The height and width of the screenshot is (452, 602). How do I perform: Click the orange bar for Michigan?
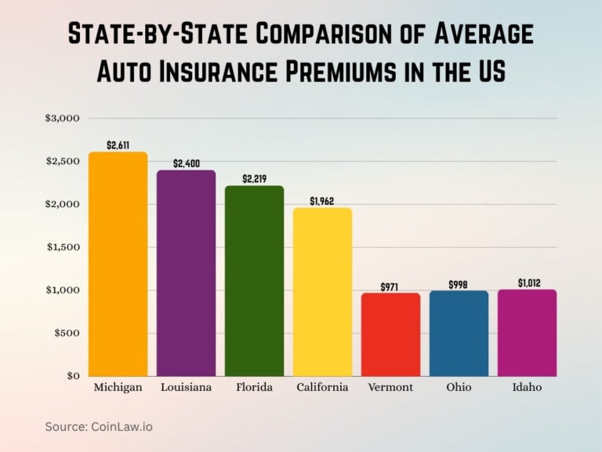click(118, 264)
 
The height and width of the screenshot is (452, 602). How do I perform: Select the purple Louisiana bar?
click(186, 273)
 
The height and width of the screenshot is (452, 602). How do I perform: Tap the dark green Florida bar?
click(254, 281)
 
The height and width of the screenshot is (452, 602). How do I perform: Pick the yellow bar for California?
click(322, 292)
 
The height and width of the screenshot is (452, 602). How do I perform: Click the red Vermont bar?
click(390, 334)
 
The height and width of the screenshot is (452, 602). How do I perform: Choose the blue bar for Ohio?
click(459, 334)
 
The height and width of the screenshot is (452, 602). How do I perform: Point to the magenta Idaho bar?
click(527, 333)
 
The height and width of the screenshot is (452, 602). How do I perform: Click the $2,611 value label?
click(118, 145)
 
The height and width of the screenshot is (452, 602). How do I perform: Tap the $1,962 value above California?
click(322, 201)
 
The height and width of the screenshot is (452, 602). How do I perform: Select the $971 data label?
click(390, 286)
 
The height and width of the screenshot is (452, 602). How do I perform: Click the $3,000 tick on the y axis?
click(63, 118)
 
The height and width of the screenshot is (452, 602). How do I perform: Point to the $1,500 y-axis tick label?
click(63, 247)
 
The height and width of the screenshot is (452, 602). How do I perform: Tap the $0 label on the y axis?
click(73, 376)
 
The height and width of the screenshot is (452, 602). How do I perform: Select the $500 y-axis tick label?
click(67, 333)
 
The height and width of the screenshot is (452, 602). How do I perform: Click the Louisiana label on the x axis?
click(186, 388)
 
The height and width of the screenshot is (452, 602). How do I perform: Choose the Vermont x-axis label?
click(390, 388)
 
